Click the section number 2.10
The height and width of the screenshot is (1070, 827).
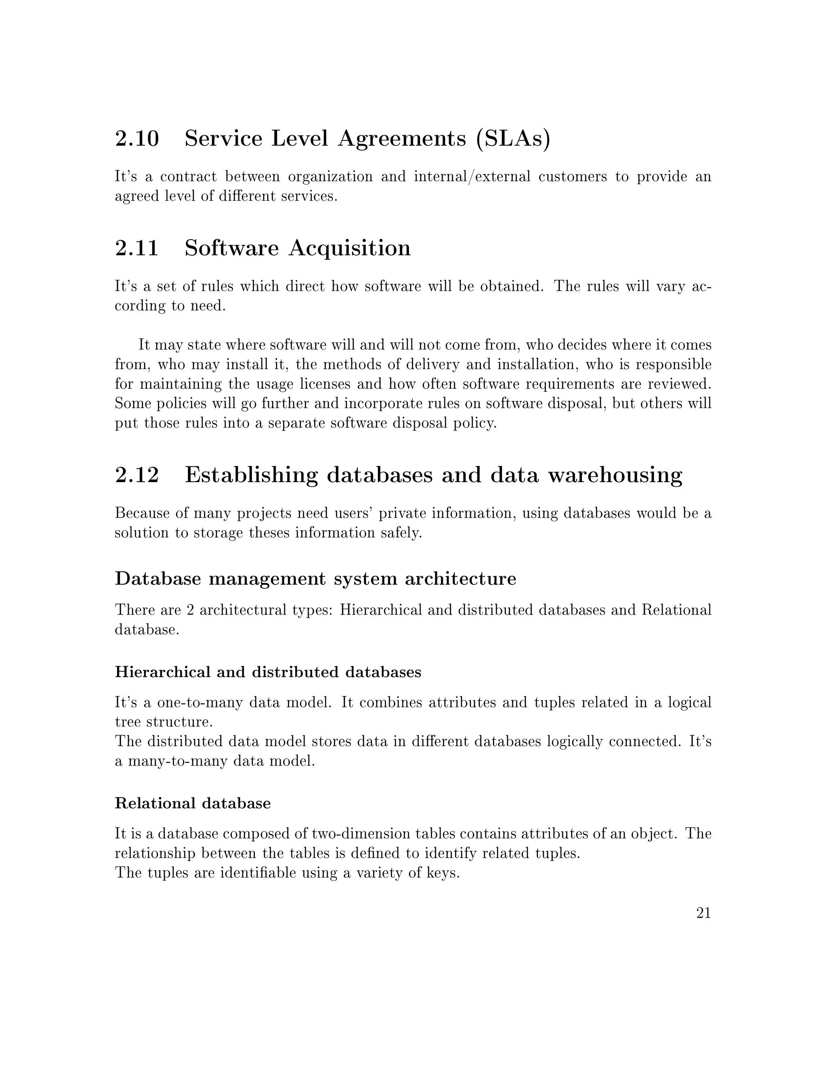pyautogui.click(x=137, y=138)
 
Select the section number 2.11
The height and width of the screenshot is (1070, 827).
pyautogui.click(x=137, y=248)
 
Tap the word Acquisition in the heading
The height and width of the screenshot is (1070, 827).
pyautogui.click(x=349, y=248)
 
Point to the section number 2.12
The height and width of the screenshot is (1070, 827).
pyautogui.click(x=137, y=475)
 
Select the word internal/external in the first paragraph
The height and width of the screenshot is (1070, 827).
pyautogui.click(x=472, y=176)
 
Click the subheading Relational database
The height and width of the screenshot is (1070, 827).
pyautogui.click(x=193, y=804)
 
